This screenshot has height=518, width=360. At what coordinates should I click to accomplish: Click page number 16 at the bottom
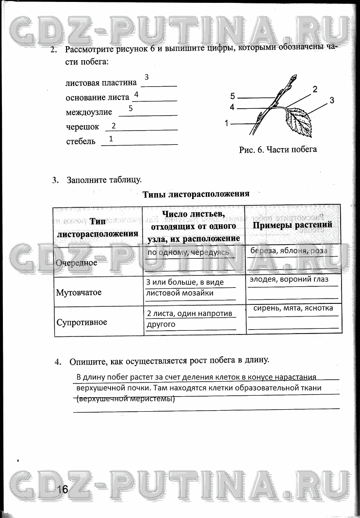[62, 489]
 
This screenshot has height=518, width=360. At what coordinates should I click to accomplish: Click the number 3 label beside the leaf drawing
[332, 100]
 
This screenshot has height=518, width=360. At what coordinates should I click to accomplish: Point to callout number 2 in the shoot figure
[314, 89]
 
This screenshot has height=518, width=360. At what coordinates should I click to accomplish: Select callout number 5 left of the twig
[233, 96]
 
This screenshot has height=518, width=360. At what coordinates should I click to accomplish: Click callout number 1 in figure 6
[227, 123]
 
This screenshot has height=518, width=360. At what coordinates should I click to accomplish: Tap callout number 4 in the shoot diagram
[232, 107]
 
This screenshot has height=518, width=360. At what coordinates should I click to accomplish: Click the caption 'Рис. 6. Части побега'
[278, 150]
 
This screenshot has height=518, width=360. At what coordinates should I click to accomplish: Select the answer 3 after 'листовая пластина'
[147, 77]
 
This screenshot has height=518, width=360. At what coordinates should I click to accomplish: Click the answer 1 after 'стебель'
[111, 139]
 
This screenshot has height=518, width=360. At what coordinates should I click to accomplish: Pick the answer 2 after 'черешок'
[114, 126]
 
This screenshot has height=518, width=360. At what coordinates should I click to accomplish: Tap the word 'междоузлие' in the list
[89, 112]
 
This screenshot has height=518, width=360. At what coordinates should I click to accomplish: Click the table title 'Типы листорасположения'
[196, 194]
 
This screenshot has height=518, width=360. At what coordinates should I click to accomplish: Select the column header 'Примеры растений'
[293, 225]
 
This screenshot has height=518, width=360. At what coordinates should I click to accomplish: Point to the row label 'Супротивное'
[82, 322]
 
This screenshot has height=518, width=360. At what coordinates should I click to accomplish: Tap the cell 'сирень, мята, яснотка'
[293, 308]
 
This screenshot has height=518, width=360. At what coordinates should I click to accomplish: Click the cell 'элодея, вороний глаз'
[289, 279]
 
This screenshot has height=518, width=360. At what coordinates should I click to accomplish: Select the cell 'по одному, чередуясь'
[188, 252]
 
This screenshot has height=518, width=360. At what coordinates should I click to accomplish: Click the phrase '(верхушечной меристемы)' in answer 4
[126, 399]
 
